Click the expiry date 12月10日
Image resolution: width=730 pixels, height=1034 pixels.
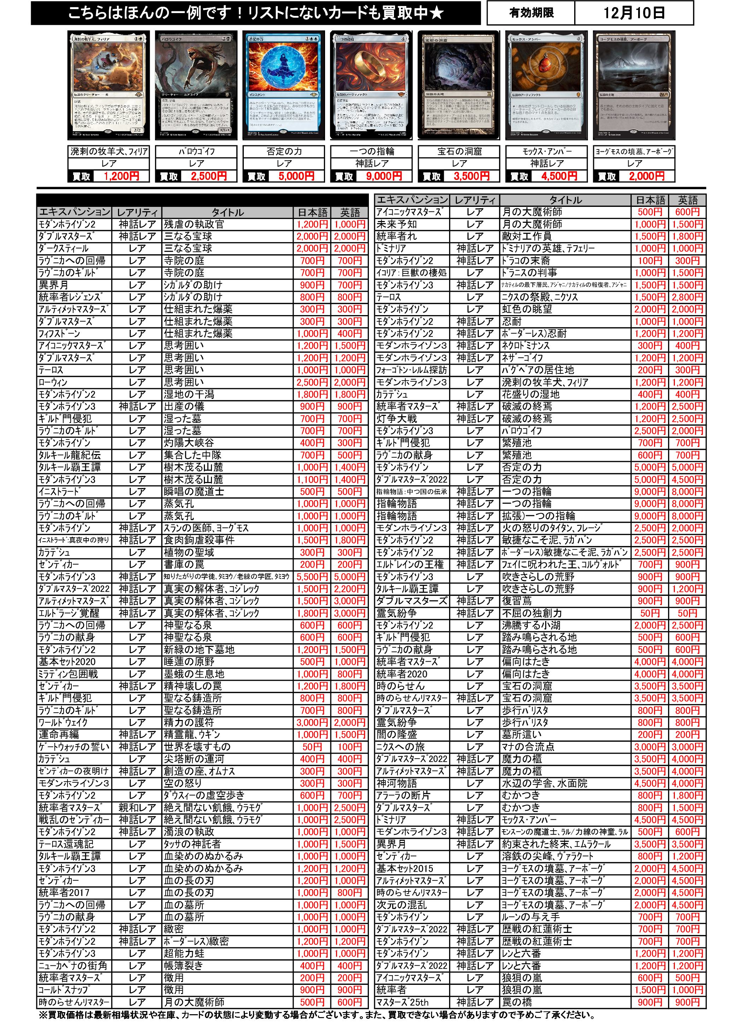pos(634,13)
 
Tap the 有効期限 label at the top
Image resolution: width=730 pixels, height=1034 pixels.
pos(531,13)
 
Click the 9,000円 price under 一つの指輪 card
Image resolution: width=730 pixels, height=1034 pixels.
pos(384,176)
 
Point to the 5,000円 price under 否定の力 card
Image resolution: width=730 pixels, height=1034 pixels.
pos(296,176)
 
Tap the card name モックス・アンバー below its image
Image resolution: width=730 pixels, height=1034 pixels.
pos(546,151)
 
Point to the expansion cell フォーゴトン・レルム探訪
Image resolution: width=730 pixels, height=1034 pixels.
pos(412,370)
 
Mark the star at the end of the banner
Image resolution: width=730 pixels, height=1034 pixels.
pos(437,13)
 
